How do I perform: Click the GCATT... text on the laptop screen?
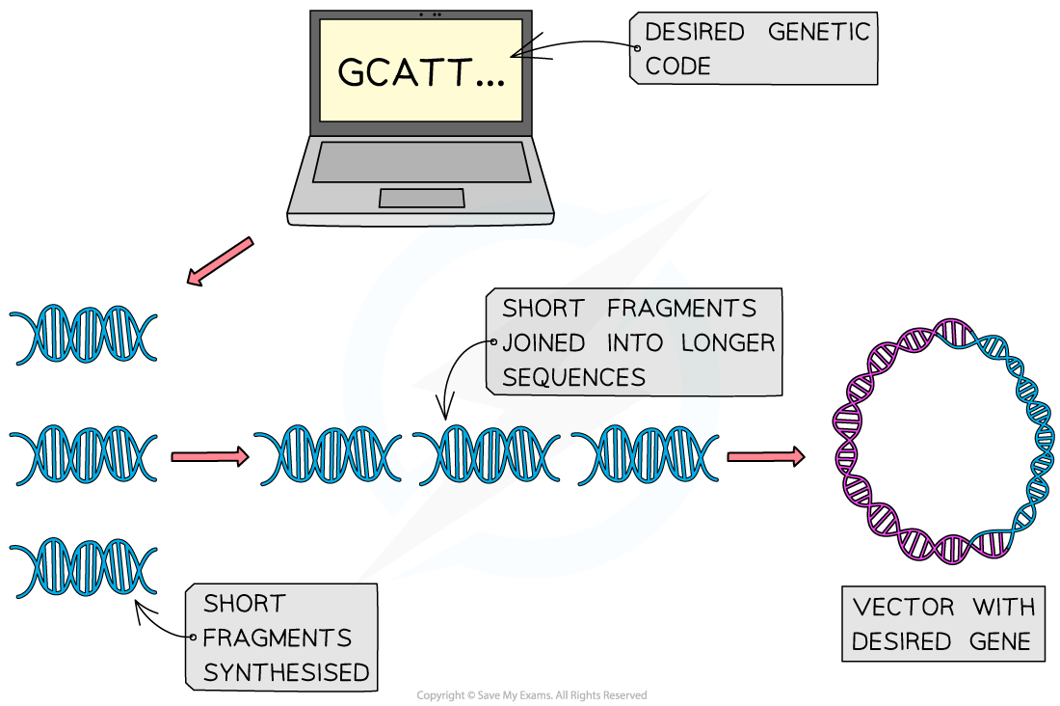click(x=421, y=73)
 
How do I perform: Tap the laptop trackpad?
click(x=421, y=198)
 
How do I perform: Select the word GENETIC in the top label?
click(x=818, y=32)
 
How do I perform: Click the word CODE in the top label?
click(x=677, y=67)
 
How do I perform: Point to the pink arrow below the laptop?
click(x=221, y=261)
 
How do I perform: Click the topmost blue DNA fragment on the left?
click(x=84, y=335)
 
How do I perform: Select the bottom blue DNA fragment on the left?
click(x=84, y=569)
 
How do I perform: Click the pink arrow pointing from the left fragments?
click(x=209, y=456)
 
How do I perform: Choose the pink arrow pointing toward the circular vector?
click(x=765, y=456)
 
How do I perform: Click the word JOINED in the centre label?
click(x=543, y=343)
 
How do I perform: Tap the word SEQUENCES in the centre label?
click(x=573, y=377)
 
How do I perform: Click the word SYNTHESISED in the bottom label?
click(x=286, y=672)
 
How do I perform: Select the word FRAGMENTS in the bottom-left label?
click(x=277, y=638)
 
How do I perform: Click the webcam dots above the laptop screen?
click(x=431, y=14)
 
